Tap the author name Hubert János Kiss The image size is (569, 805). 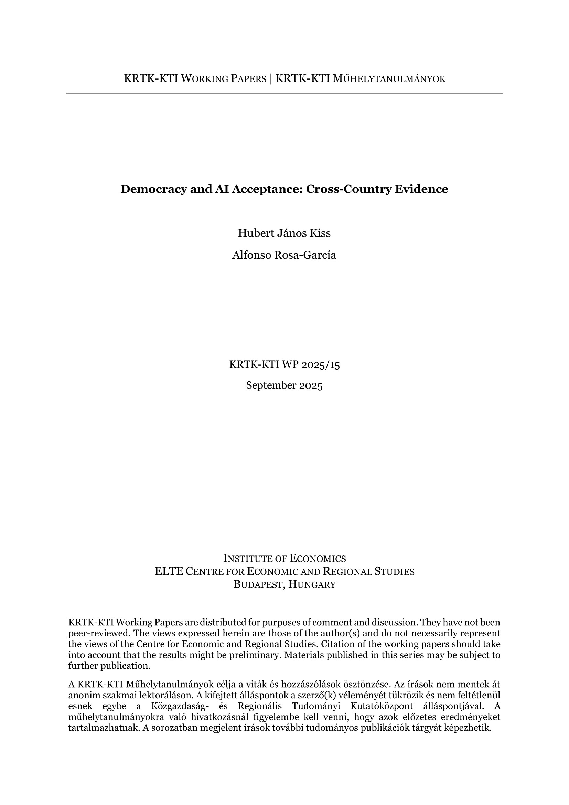point(284,233)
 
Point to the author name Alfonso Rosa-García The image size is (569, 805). point(284,255)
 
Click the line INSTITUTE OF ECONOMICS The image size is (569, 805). point(284,559)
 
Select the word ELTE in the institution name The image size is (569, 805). point(169,572)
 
